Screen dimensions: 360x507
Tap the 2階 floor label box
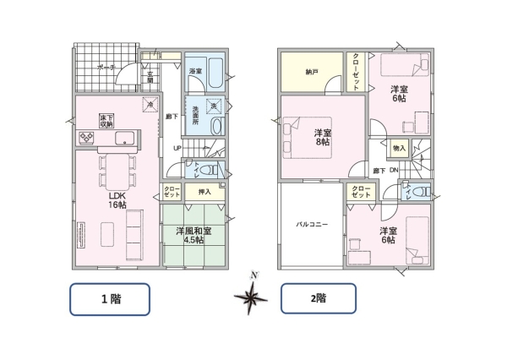(317, 298)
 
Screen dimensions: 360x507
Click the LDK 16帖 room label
(116, 199)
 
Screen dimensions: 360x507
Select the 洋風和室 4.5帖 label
(194, 234)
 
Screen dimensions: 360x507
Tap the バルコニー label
(311, 226)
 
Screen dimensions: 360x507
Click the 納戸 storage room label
(311, 74)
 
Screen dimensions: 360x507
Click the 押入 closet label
(204, 193)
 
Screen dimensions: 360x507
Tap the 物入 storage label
(399, 148)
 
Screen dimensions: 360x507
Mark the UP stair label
(177, 150)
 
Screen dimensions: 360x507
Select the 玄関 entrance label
(150, 79)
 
